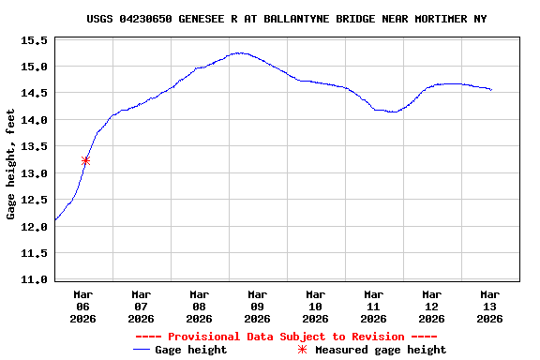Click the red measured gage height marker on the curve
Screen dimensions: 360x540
click(x=85, y=160)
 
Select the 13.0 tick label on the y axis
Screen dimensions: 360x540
click(x=34, y=173)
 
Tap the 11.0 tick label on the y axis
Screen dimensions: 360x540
click(x=34, y=280)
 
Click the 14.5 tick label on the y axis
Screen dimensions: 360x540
click(x=34, y=94)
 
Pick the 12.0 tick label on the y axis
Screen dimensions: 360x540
click(x=34, y=227)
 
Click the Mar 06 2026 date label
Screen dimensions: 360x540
click(x=82, y=306)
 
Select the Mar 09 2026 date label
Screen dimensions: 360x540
click(x=257, y=306)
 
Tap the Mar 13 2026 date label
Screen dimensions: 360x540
click(x=489, y=306)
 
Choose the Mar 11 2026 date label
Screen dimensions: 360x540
click(x=373, y=306)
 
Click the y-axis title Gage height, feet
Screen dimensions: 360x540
click(x=11, y=163)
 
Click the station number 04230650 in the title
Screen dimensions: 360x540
click(x=146, y=19)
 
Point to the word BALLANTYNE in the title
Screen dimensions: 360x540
click(x=296, y=19)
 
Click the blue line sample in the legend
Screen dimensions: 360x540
click(x=142, y=350)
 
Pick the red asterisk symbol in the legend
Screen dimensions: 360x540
click(x=302, y=350)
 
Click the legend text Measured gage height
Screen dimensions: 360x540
click(x=381, y=350)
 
